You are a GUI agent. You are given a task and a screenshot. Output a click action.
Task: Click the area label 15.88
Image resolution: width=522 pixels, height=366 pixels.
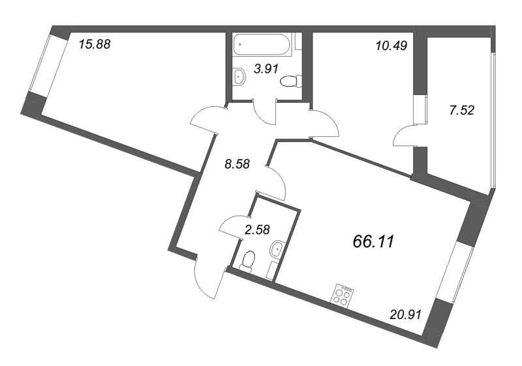[91, 45]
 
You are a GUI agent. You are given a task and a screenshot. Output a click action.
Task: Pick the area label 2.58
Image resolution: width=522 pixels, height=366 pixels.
[256, 229]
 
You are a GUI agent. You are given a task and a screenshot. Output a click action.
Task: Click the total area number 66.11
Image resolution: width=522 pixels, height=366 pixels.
[373, 242]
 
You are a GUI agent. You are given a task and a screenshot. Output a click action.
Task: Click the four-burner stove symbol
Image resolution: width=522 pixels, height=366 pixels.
[345, 296]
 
